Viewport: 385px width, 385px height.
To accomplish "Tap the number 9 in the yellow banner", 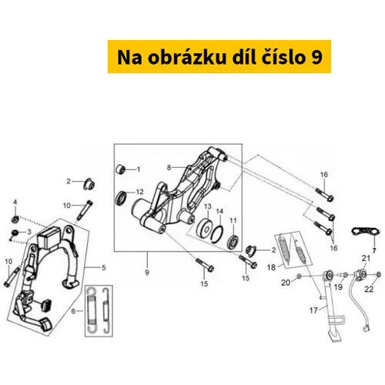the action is (316, 58).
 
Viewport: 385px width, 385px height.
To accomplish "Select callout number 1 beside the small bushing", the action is (139, 169).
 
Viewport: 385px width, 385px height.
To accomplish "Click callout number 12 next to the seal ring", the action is (140, 192).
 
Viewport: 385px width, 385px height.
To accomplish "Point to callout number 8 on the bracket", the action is (169, 168).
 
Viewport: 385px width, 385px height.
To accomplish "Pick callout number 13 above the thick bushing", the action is (208, 206).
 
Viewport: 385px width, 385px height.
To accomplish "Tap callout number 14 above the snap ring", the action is (219, 211).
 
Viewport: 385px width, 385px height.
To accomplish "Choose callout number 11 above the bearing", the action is (233, 220).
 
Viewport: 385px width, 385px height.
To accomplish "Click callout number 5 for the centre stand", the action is (104, 268).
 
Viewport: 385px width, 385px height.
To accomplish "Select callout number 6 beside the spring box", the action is (73, 311).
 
